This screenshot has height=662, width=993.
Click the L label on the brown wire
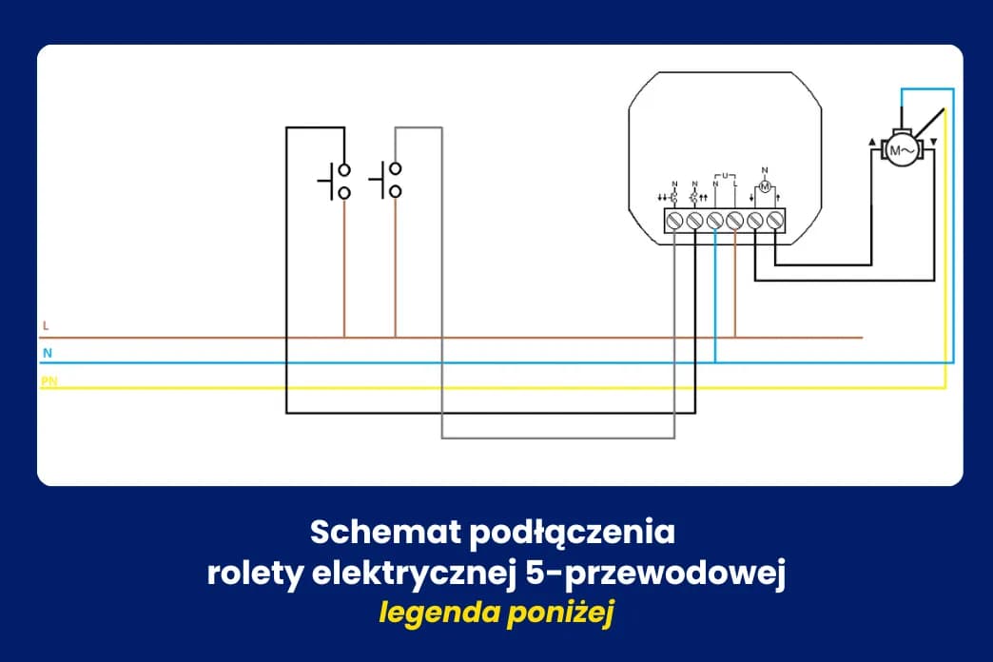pyautogui.click(x=45, y=326)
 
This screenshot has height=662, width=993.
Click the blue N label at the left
pyautogui.click(x=46, y=353)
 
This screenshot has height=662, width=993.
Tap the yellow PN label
pyautogui.click(x=49, y=380)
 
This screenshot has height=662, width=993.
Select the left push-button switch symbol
pyautogui.click(x=335, y=181)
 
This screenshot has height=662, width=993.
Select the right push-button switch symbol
pyautogui.click(x=386, y=181)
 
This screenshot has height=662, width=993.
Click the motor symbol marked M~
pyautogui.click(x=900, y=150)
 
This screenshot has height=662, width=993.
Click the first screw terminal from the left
pyautogui.click(x=674, y=221)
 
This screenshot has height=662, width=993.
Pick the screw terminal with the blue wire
pyautogui.click(x=714, y=221)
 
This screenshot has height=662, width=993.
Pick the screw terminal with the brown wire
pyautogui.click(x=734, y=221)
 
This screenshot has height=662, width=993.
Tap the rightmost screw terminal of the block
pyautogui.click(x=775, y=221)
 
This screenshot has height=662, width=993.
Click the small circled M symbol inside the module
pyautogui.click(x=764, y=186)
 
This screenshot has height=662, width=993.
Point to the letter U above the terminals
pyautogui.click(x=725, y=176)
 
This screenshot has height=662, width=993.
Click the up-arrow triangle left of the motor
pyautogui.click(x=870, y=144)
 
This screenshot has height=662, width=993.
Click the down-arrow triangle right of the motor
pyautogui.click(x=933, y=143)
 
